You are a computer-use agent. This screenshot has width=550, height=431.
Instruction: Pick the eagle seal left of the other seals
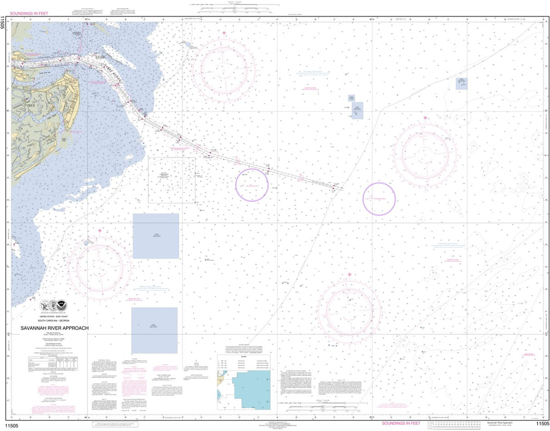click(45, 304)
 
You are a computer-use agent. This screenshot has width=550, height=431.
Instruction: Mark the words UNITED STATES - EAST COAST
click(54, 317)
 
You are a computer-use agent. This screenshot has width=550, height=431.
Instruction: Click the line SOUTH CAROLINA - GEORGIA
click(54, 320)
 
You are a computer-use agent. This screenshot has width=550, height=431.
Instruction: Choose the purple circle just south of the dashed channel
click(252, 185)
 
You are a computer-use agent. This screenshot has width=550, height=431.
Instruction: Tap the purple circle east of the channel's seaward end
click(379, 198)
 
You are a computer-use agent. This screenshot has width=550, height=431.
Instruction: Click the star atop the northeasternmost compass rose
click(425, 118)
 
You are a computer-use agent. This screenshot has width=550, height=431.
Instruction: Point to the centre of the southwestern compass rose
click(99, 266)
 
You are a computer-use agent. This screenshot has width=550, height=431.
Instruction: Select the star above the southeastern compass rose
click(349, 275)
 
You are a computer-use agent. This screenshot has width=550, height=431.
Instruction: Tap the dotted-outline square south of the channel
click(171, 180)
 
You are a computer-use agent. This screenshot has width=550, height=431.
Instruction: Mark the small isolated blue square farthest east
click(462, 83)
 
